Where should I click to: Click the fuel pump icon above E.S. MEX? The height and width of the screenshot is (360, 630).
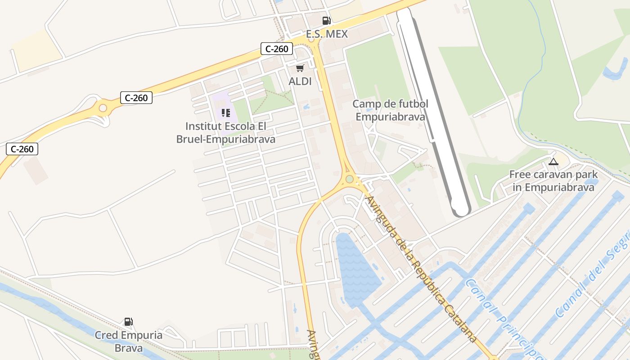point(326,20)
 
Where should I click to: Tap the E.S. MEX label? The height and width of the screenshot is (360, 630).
point(327,34)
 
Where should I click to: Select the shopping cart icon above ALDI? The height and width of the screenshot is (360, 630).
point(300,68)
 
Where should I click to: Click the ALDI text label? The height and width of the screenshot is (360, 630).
point(300,81)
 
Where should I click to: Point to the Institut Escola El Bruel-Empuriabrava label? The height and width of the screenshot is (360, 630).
point(225,132)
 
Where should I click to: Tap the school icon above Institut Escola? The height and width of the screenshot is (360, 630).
point(226,112)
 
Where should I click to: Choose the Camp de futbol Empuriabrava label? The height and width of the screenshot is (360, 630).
point(390,110)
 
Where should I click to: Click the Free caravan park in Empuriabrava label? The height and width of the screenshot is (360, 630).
point(553,181)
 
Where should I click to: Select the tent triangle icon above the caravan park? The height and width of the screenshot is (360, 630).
point(553,162)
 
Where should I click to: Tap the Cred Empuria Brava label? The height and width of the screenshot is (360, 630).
point(129,342)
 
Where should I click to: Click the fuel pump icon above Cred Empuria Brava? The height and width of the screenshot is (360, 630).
point(129,322)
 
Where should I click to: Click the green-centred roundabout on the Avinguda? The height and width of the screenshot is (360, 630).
point(350,179)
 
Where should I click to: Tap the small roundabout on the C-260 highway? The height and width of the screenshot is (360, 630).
point(103,108)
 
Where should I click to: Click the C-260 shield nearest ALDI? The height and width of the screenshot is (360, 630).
point(277,49)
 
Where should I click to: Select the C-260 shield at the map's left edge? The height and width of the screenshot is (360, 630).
point(22,149)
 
